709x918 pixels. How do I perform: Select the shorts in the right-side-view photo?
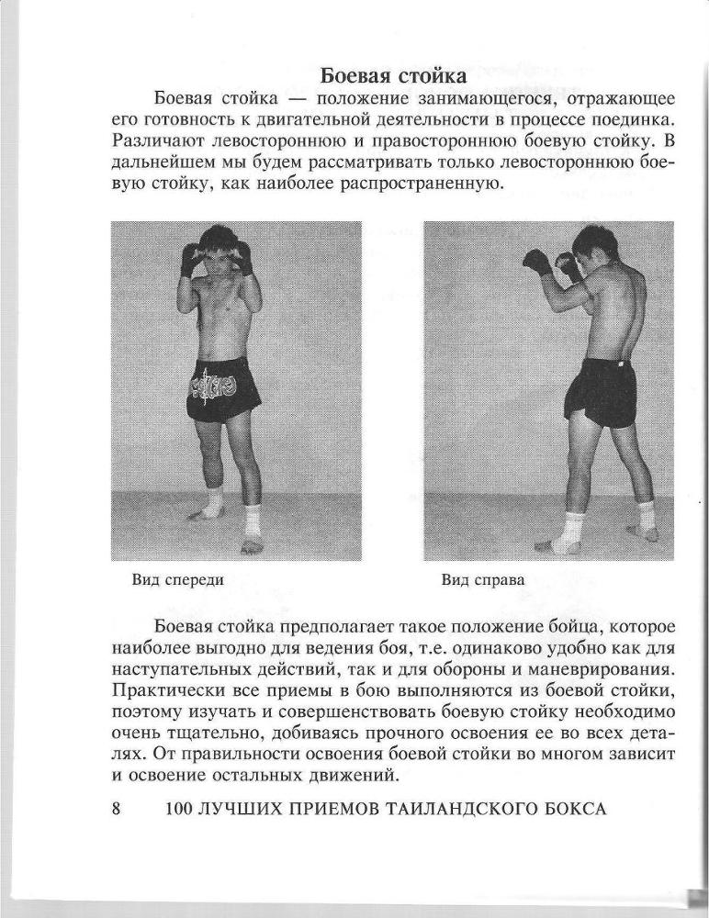click(x=601, y=390)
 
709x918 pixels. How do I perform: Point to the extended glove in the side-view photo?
click(x=536, y=262)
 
